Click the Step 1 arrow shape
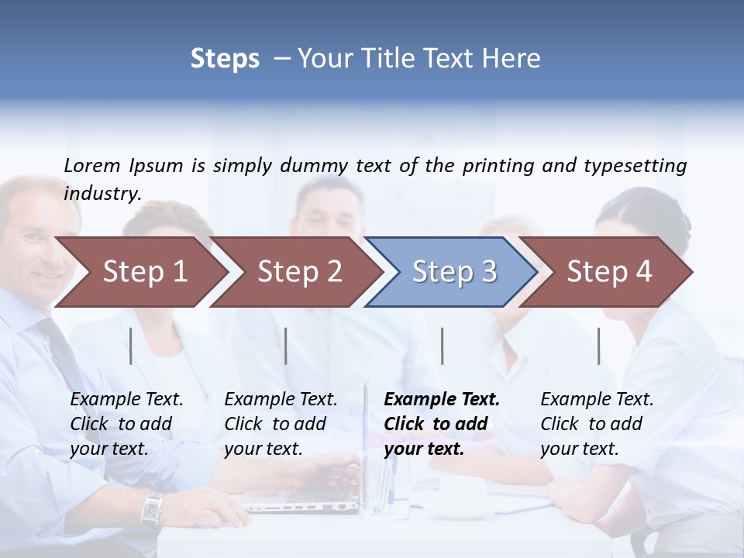pyautogui.click(x=144, y=272)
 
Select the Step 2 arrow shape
pyautogui.click(x=299, y=272)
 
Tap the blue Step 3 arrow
pyautogui.click(x=454, y=272)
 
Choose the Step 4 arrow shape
pyautogui.click(x=609, y=272)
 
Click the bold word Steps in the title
pyautogui.click(x=225, y=59)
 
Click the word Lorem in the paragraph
pyautogui.click(x=92, y=165)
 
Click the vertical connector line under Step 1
pyautogui.click(x=131, y=346)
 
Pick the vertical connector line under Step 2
pyautogui.click(x=286, y=346)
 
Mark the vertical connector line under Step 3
pyautogui.click(x=442, y=346)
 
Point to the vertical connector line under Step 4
pyautogui.click(x=599, y=346)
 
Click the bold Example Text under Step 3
pyautogui.click(x=442, y=400)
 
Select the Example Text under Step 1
pyautogui.click(x=126, y=400)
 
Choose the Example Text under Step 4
pyautogui.click(x=597, y=400)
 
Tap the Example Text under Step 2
pyautogui.click(x=281, y=400)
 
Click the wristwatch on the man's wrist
pyautogui.click(x=152, y=508)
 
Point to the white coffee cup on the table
pyautogui.click(x=460, y=496)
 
